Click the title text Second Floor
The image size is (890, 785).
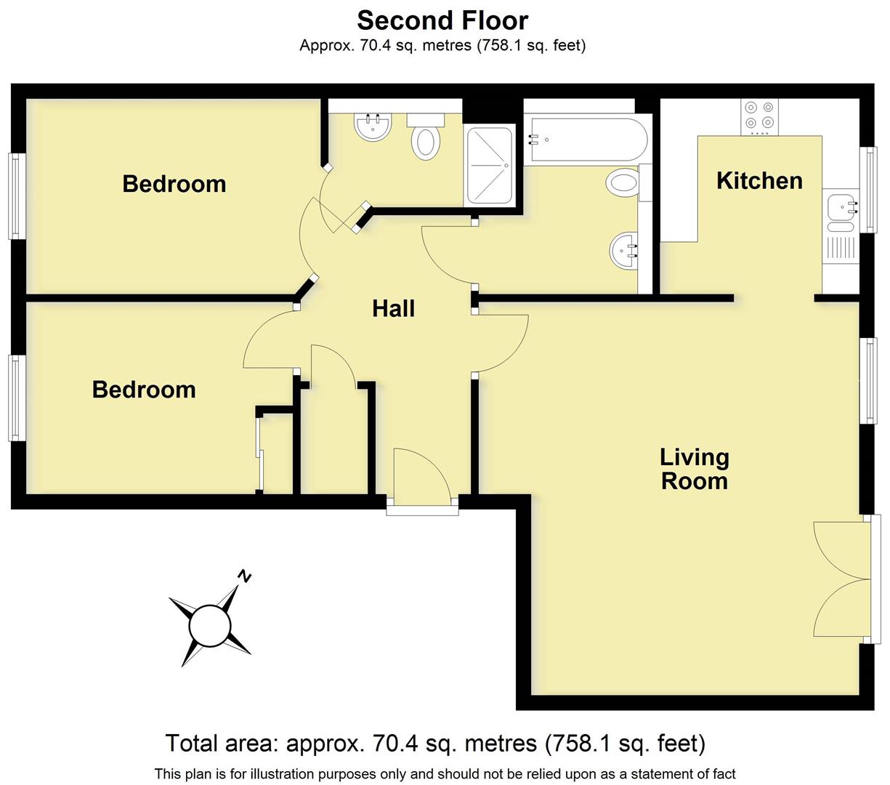coord(442,20)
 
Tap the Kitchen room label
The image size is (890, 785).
coord(759,180)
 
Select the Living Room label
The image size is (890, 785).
coord(694,469)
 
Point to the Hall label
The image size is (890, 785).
coord(393,308)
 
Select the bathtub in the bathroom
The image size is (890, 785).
coord(584,140)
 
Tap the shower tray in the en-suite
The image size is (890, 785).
coord(490,166)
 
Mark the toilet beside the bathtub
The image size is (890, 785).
coord(625,181)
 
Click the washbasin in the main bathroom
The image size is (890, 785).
coord(623,251)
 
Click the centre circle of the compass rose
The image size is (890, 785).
coord(210,625)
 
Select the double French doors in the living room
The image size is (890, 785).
coord(843,580)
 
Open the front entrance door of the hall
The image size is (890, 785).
coord(421,476)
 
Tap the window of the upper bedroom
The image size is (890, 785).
coord(15,196)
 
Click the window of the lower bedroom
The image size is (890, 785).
coord(15,397)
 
